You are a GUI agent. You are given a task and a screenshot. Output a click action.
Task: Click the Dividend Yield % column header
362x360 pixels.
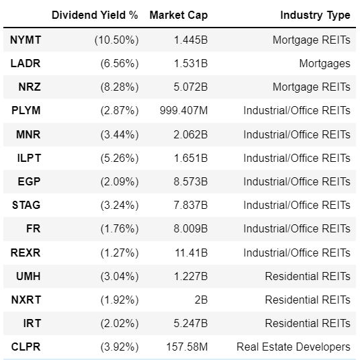(x=95, y=15)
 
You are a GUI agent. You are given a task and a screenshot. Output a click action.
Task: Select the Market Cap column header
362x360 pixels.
(x=179, y=15)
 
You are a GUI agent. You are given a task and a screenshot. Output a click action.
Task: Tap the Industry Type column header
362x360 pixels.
(x=315, y=15)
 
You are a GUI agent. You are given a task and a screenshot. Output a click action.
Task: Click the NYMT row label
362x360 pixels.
(x=26, y=40)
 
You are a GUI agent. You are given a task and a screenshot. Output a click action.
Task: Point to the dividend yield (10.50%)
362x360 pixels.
(x=117, y=40)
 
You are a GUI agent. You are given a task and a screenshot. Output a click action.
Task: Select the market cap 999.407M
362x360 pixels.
(x=184, y=110)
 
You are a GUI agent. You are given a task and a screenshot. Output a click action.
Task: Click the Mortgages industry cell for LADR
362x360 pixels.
(x=324, y=64)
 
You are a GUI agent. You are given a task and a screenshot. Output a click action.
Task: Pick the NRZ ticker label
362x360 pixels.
(x=30, y=87)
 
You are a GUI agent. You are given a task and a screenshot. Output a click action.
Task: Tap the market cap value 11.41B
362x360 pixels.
(x=191, y=253)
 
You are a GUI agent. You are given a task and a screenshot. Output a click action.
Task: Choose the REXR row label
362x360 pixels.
(x=26, y=253)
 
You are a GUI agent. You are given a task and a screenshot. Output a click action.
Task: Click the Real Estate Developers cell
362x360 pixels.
(x=293, y=347)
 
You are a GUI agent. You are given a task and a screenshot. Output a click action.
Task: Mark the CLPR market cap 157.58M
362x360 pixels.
(x=187, y=347)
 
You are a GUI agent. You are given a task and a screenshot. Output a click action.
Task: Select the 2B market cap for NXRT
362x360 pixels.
(x=201, y=300)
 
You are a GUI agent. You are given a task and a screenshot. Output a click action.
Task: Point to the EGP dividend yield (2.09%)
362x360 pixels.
(x=120, y=182)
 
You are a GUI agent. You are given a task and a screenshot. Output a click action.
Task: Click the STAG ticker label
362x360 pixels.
(x=26, y=206)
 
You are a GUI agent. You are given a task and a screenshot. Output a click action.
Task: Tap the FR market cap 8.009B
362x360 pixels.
(x=191, y=229)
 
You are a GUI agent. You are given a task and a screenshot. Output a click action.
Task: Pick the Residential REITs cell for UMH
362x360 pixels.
(x=308, y=277)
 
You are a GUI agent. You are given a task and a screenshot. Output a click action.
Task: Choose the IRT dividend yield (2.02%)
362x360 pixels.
(x=120, y=323)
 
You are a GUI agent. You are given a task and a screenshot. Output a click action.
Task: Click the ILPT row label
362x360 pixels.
(x=29, y=159)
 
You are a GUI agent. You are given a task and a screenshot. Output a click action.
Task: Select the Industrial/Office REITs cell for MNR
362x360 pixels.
(x=297, y=134)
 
